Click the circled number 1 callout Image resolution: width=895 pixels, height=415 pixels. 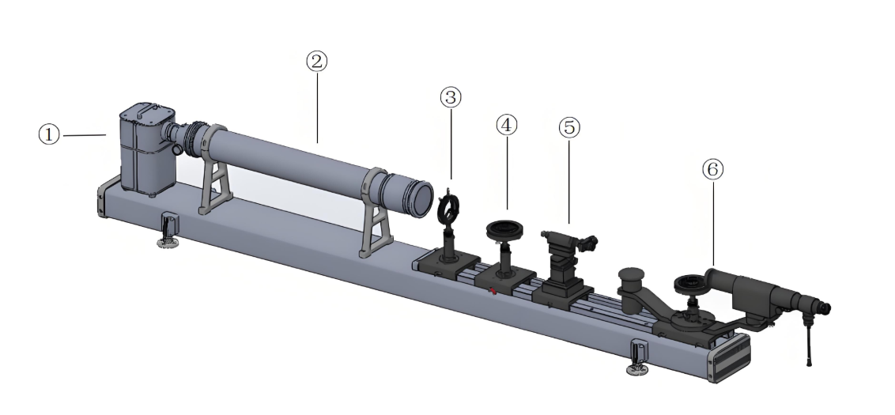coord(49,134)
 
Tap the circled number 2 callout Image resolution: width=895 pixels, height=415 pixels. coord(317,61)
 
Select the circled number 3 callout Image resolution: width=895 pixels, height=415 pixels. coord(451,97)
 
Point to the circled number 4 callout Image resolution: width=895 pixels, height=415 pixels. coord(507,125)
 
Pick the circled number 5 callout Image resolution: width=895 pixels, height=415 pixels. coord(569,127)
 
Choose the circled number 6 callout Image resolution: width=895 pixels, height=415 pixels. coord(712,169)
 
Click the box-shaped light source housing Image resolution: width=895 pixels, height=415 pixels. coord(147,149)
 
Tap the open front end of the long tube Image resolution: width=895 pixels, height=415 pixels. coord(421,198)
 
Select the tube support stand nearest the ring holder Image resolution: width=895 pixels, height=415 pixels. coord(376,214)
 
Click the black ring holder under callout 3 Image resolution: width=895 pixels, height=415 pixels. coord(448,209)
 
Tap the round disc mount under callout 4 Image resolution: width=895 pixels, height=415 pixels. coord(504,230)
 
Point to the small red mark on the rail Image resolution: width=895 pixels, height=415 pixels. coord(492,291)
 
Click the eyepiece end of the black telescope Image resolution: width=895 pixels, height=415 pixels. coord(823,307)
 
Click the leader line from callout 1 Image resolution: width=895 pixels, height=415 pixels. coord(85,135)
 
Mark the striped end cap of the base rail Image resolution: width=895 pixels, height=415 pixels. coord(730,357)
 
